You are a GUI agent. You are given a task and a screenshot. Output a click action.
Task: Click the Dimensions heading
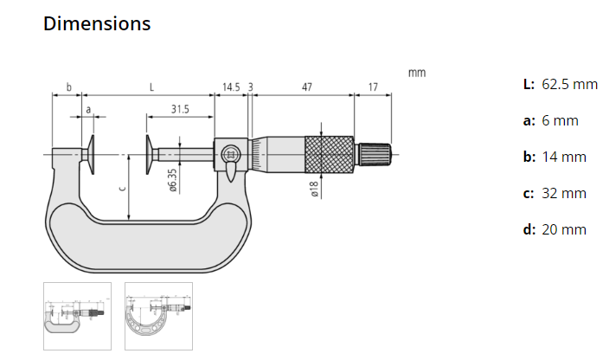(97, 24)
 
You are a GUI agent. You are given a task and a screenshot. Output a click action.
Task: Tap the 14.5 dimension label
(231, 87)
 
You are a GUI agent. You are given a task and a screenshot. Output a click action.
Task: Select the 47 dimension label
(306, 87)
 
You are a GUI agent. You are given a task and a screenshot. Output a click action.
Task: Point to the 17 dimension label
(373, 87)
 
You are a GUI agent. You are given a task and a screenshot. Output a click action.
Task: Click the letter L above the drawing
(152, 87)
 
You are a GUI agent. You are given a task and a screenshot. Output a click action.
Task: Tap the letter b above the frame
(69, 87)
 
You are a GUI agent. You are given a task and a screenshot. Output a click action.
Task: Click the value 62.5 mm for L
(570, 84)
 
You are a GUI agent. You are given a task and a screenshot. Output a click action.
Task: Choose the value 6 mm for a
(560, 120)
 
